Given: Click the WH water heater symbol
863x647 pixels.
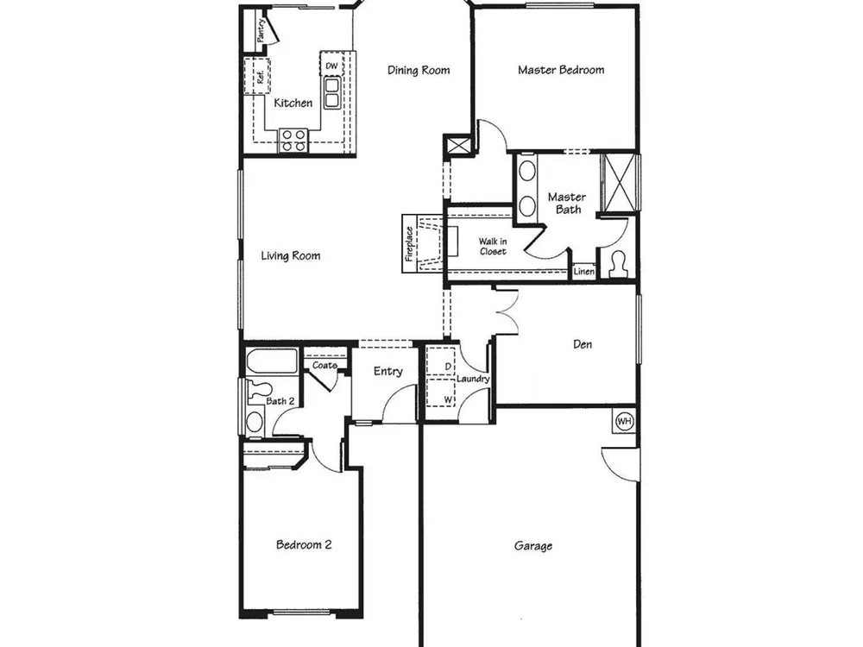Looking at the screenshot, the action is point(624,422).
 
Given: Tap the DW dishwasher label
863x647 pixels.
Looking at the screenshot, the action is point(331,66).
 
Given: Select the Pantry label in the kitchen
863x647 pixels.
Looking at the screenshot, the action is point(262,31).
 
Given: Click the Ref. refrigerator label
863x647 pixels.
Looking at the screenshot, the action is point(261,77).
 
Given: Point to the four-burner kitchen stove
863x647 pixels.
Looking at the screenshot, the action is point(293,140).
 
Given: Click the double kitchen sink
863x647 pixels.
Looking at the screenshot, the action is point(332,92).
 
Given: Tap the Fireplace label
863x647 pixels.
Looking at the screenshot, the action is point(409,244).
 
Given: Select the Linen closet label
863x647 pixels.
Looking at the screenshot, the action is point(584,271).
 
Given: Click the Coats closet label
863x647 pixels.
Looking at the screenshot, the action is point(324,365).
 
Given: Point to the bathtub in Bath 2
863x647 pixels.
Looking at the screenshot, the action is point(271,361).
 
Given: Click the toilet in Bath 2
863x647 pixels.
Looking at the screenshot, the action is point(256,391).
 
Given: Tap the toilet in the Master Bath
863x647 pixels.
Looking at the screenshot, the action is point(619,265).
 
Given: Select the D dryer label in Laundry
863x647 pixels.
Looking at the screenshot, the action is point(448,367).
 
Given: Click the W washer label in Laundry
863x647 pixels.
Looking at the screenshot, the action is point(448,399).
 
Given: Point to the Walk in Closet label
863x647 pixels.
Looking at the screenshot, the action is point(493,247).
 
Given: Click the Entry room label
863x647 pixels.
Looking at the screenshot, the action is point(388,372).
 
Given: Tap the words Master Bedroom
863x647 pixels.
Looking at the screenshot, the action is point(561,70).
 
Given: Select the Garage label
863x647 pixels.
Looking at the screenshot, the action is point(533,546).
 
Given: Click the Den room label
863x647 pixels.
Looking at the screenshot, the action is point(583,344).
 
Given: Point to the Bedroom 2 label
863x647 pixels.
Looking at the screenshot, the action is point(304,544).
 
